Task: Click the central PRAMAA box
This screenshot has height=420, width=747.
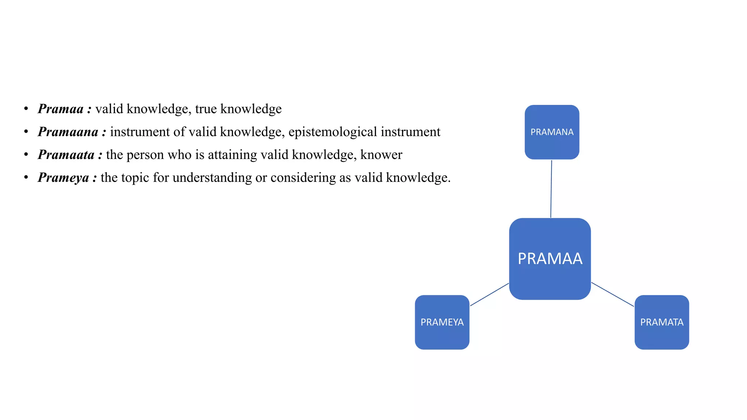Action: pos(550,259)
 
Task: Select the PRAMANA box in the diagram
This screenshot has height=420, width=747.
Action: pos(552,132)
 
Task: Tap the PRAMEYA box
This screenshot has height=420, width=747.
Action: pos(442,322)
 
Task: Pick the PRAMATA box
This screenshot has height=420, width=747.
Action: pos(662,322)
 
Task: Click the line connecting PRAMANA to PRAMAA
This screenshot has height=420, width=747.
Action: pos(551,189)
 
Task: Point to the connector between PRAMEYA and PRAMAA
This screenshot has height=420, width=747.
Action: pos(489,295)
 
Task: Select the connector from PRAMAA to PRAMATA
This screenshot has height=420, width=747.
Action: pos(612,294)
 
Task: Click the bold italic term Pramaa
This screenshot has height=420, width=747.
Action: pos(61,109)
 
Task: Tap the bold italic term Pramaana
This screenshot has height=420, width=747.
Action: pos(68,132)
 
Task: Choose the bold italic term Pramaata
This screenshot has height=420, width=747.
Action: pos(66,155)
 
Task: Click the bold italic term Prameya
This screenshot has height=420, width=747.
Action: pos(63,178)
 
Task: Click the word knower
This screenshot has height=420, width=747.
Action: pos(381,155)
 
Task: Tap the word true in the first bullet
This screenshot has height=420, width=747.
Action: pos(206,109)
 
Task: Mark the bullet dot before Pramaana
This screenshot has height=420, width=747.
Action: pos(26,132)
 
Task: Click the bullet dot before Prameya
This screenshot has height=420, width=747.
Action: pos(26,178)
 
